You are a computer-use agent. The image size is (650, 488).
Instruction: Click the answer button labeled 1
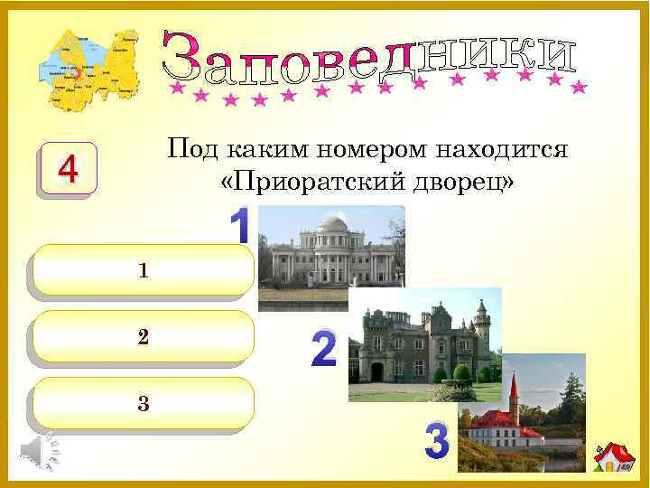[x=141, y=271]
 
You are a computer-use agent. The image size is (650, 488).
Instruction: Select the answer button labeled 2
[x=141, y=338]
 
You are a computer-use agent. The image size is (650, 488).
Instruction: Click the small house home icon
[x=613, y=458]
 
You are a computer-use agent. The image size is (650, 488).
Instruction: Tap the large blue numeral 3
[x=437, y=443]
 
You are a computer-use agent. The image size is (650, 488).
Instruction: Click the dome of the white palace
[x=332, y=223]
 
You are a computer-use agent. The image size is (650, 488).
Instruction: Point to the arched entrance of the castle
[x=376, y=371]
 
